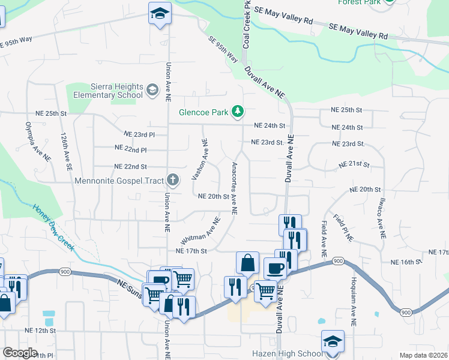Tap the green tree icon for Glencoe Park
238,111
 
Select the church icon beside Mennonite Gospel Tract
173,179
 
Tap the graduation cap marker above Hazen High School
333,341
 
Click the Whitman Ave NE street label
204,230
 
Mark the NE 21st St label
354,164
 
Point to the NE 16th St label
407,262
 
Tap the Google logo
20,353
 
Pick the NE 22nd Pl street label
130,148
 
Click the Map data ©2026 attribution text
423,355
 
